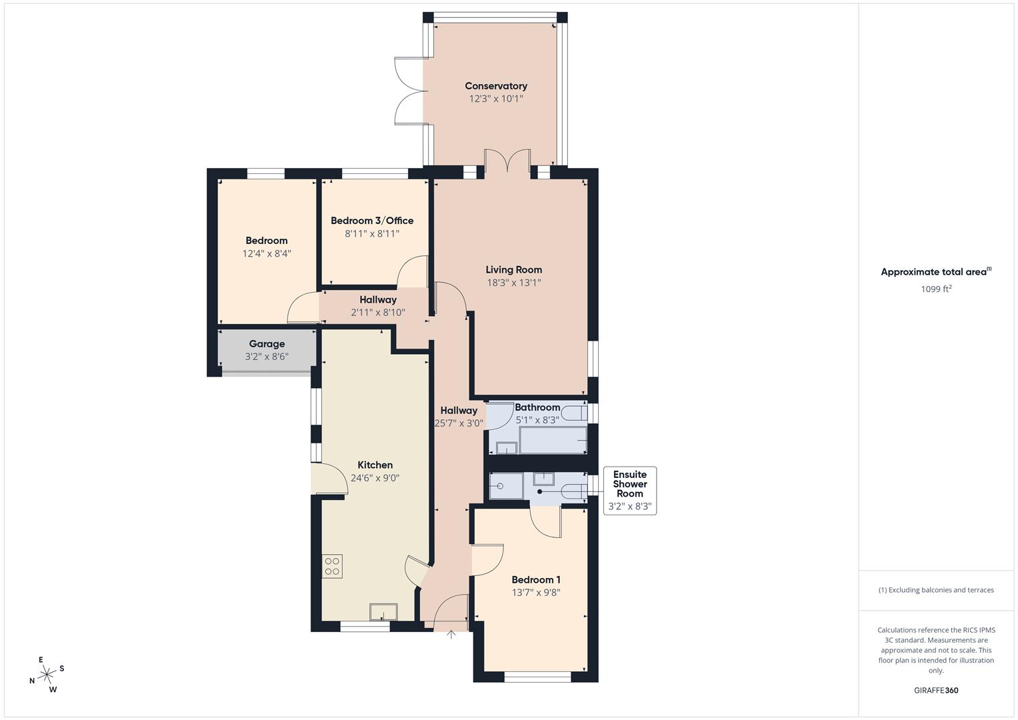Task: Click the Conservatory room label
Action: click(495, 86)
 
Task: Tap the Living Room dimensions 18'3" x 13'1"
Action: click(513, 283)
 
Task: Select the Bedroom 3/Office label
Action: click(372, 221)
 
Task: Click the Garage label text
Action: click(267, 344)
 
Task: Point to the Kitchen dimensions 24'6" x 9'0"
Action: click(375, 478)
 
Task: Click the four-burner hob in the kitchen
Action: click(333, 567)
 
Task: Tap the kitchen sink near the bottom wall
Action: click(383, 612)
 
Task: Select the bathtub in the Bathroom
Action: click(553, 440)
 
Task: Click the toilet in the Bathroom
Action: click(573, 413)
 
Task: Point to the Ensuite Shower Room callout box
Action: click(629, 491)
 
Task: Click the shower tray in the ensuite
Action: click(506, 485)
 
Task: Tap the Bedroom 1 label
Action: click(535, 580)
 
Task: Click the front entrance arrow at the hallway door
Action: click(451, 635)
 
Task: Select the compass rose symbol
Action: click(47, 675)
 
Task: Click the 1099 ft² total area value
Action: click(935, 289)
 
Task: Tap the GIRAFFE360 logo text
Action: click(935, 691)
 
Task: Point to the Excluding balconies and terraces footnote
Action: click(935, 590)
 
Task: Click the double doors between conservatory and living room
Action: click(507, 161)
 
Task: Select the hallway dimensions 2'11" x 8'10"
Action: click(378, 313)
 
